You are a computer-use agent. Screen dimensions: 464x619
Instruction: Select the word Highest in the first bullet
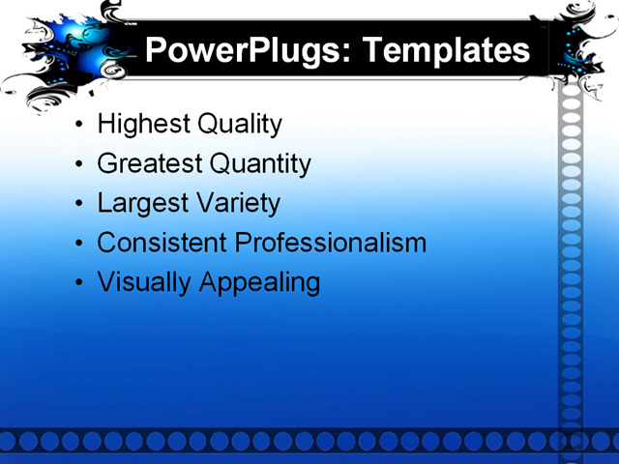143,125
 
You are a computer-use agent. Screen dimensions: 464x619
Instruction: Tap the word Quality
239,125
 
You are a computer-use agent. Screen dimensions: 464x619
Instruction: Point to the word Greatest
149,164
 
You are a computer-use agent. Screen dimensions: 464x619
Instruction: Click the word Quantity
260,164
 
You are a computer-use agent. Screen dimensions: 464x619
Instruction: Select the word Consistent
162,243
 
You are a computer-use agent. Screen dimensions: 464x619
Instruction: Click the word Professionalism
331,243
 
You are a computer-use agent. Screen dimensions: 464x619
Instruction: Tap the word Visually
143,282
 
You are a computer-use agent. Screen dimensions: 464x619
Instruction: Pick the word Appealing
259,282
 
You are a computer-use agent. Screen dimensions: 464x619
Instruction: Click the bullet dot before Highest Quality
79,126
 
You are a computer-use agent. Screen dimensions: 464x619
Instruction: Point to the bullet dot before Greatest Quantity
79,165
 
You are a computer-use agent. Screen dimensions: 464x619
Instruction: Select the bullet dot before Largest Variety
79,205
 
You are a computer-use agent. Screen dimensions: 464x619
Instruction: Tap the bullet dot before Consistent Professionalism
79,244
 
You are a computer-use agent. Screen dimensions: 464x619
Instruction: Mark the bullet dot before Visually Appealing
79,283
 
